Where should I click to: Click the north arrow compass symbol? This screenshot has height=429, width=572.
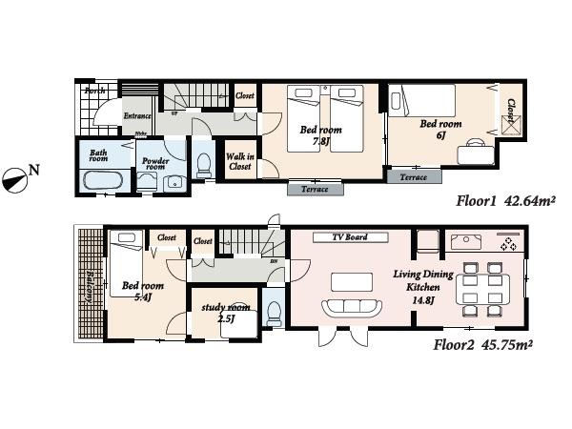[x=16, y=178]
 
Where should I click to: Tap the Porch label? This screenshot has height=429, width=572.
[x=94, y=91]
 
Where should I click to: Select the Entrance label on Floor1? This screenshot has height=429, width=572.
[x=137, y=116]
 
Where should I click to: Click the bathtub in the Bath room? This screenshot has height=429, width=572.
[x=98, y=180]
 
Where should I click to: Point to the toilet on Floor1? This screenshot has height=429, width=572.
[x=202, y=166]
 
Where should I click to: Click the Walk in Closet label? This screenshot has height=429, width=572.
[x=239, y=161]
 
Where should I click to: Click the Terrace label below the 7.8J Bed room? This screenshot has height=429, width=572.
[x=314, y=189]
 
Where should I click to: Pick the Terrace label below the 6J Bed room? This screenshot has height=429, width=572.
[x=413, y=177]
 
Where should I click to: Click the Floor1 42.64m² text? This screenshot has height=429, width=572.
[x=505, y=201]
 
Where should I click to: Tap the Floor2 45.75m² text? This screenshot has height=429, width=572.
[x=482, y=344]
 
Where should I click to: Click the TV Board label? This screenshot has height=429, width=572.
[x=350, y=236]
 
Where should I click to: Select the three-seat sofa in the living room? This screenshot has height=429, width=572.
[x=352, y=307]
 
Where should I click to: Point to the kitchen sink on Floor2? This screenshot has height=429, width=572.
[x=466, y=240]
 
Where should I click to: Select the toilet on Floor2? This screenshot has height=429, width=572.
[x=273, y=312]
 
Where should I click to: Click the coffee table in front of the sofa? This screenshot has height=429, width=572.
[x=351, y=281]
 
